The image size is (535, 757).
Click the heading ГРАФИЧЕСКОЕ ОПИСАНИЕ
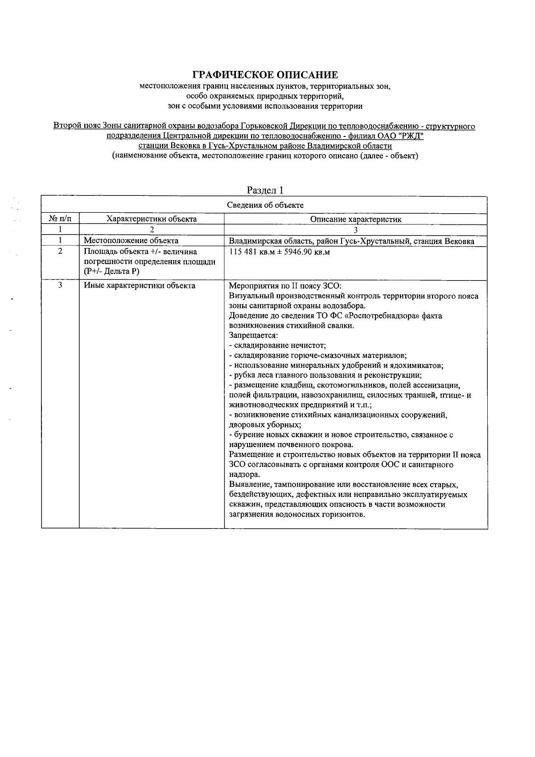pyautogui.click(x=265, y=74)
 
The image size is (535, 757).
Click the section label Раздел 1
pyautogui.click(x=265, y=190)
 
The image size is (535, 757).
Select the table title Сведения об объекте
pyautogui.click(x=265, y=205)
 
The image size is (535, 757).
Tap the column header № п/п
pyautogui.click(x=60, y=219)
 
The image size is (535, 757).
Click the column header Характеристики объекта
pyautogui.click(x=152, y=219)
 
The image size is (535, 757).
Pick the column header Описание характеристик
pyautogui.click(x=356, y=219)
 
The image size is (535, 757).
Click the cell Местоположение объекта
pyautogui.click(x=131, y=241)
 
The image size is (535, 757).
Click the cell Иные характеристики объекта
pyautogui.click(x=140, y=285)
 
